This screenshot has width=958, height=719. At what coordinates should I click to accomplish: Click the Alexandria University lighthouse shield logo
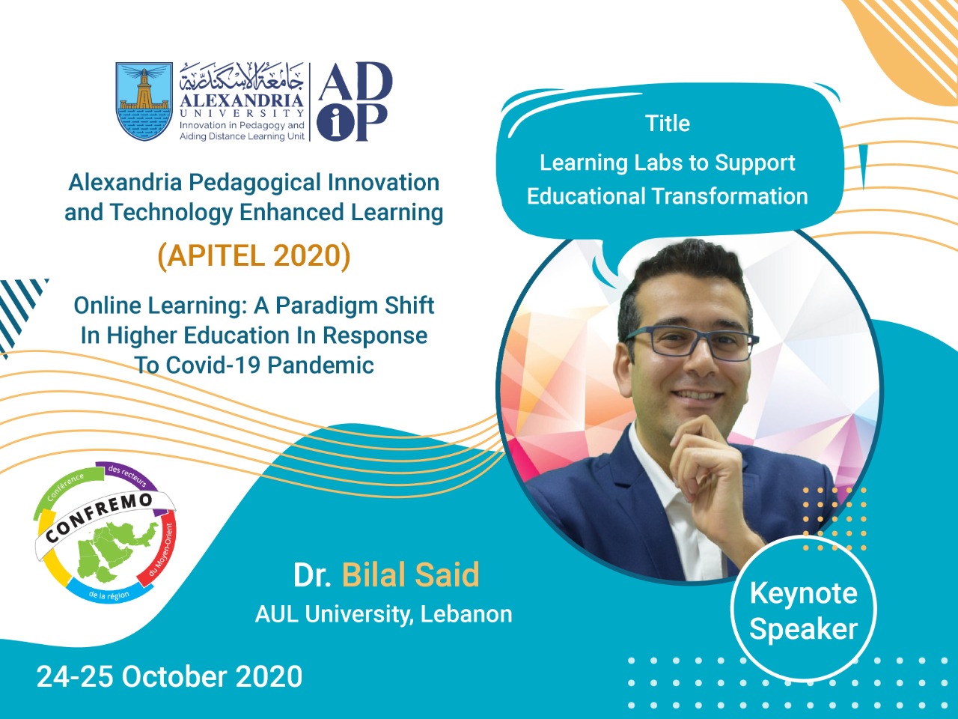point(144,101)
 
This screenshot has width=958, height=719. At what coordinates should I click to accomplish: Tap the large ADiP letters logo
point(355,102)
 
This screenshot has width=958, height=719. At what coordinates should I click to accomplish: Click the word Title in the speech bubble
point(668,124)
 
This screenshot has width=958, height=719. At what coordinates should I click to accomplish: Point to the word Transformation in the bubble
point(730,196)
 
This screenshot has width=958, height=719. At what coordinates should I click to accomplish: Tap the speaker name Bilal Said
point(410,574)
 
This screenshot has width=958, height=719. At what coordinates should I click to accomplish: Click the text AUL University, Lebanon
point(384,614)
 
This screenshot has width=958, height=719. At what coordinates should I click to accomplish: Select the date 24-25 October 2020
point(169,676)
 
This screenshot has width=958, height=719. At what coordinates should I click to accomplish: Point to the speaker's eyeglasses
point(692,344)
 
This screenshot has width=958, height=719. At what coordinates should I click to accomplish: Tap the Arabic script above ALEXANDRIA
point(241,78)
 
